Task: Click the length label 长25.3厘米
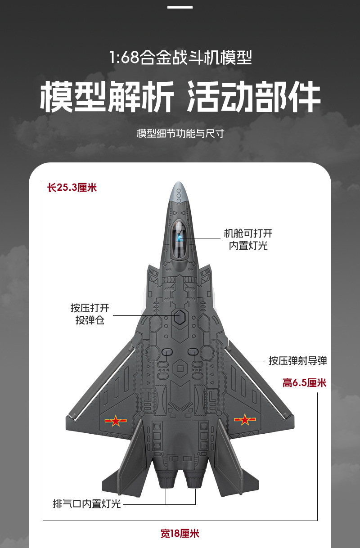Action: (x=72, y=187)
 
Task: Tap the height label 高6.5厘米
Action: (x=304, y=383)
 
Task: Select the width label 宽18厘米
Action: (x=180, y=534)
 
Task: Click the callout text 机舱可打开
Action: (x=248, y=234)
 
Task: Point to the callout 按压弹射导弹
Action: (x=298, y=360)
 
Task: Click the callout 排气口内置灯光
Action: (x=87, y=504)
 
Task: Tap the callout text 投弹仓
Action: (x=90, y=321)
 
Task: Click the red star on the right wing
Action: (x=245, y=420)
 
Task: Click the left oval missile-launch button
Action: (x=167, y=352)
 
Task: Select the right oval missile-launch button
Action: (x=193, y=352)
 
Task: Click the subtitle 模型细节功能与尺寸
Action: (x=180, y=134)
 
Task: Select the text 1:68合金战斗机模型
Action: (x=180, y=58)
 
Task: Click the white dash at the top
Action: (x=180, y=7)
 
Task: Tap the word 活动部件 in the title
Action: (x=253, y=96)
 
